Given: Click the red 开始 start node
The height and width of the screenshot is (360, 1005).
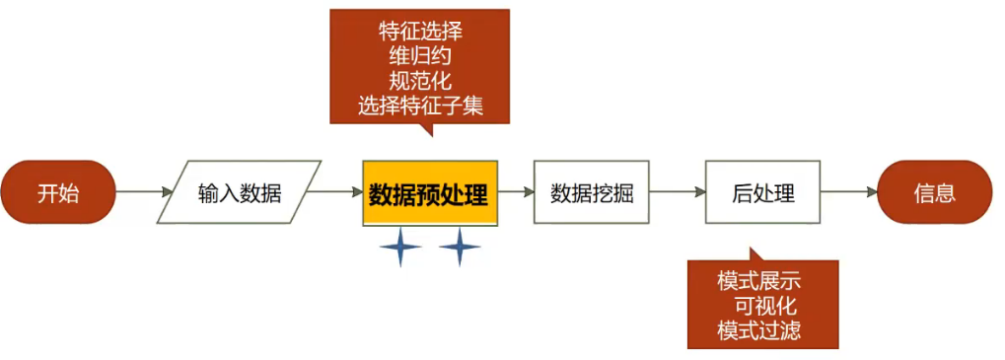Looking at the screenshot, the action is click(x=58, y=192).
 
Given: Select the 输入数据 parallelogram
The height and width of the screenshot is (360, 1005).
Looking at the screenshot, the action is click(x=239, y=192).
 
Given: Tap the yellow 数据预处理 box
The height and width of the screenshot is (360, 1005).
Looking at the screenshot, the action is click(x=429, y=192).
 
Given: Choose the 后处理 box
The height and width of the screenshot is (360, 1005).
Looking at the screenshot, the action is click(x=763, y=192).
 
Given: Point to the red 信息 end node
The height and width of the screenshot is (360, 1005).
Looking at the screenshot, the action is click(x=934, y=192).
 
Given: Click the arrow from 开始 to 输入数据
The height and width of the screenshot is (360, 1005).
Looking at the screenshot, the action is click(x=144, y=192).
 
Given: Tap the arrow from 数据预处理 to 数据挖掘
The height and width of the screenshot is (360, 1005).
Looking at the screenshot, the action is click(x=515, y=192).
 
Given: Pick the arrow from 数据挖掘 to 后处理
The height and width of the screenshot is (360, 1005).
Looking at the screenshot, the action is click(x=678, y=192).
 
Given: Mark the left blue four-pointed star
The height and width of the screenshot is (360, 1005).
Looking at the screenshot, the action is click(x=400, y=247).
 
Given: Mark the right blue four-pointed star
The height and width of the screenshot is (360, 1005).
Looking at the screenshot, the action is click(x=460, y=247).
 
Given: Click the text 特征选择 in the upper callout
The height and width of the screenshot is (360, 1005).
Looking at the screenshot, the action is click(x=420, y=31).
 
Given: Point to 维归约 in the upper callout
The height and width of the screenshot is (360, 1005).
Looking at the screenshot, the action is click(x=420, y=55).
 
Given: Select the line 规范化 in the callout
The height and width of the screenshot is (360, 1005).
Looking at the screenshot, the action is click(x=420, y=81).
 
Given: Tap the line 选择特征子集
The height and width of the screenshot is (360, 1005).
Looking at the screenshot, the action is click(x=420, y=106).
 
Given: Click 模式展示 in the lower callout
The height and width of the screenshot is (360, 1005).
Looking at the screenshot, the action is click(x=759, y=281).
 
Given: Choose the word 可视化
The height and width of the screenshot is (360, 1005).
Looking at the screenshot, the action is click(x=764, y=306).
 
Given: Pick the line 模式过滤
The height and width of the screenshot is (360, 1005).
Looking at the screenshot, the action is click(x=759, y=330).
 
